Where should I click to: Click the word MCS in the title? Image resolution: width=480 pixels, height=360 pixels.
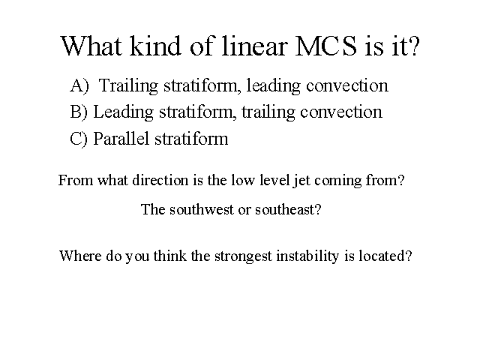click(x=326, y=46)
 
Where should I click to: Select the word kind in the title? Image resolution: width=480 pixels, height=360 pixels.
click(x=155, y=46)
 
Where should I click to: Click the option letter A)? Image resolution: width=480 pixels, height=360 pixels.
click(x=79, y=85)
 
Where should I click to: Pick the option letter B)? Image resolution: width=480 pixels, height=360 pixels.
click(x=79, y=112)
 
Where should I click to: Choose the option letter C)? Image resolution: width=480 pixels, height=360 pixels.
click(x=79, y=138)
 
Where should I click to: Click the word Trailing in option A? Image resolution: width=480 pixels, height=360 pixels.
click(x=128, y=86)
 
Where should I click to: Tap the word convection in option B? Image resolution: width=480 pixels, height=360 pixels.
click(x=341, y=112)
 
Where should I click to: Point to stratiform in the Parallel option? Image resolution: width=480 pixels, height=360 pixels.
click(x=191, y=138)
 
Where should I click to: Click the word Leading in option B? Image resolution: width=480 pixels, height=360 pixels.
click(x=123, y=112)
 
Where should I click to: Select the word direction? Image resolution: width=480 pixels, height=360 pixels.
click(x=160, y=180)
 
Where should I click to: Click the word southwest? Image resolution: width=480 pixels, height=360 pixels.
click(x=202, y=210)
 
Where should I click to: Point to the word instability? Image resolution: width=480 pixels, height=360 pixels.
click(x=307, y=256)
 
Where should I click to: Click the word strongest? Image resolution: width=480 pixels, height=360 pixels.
click(x=243, y=256)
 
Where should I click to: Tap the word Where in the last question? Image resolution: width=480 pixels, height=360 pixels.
click(x=80, y=256)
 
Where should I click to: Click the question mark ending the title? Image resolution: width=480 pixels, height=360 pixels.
click(x=414, y=46)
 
